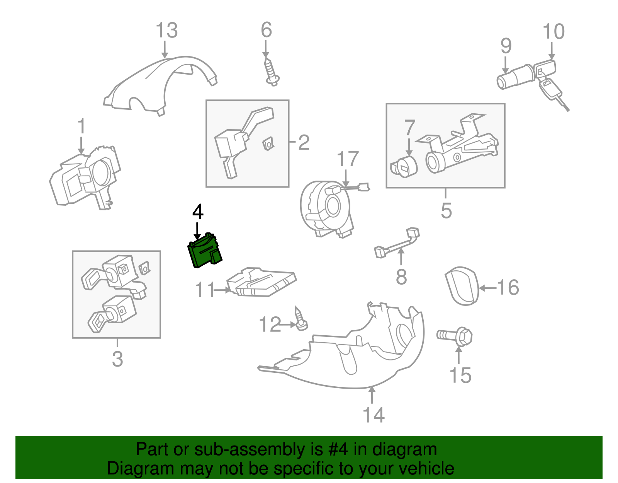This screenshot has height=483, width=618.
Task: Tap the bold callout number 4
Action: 198,212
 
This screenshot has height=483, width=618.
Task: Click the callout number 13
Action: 166,31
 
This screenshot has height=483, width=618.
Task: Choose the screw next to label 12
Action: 301,319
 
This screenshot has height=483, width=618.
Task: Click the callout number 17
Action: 348,159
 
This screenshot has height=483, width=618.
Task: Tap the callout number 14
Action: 374,415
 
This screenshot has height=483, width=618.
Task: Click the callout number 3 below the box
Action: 117,359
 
